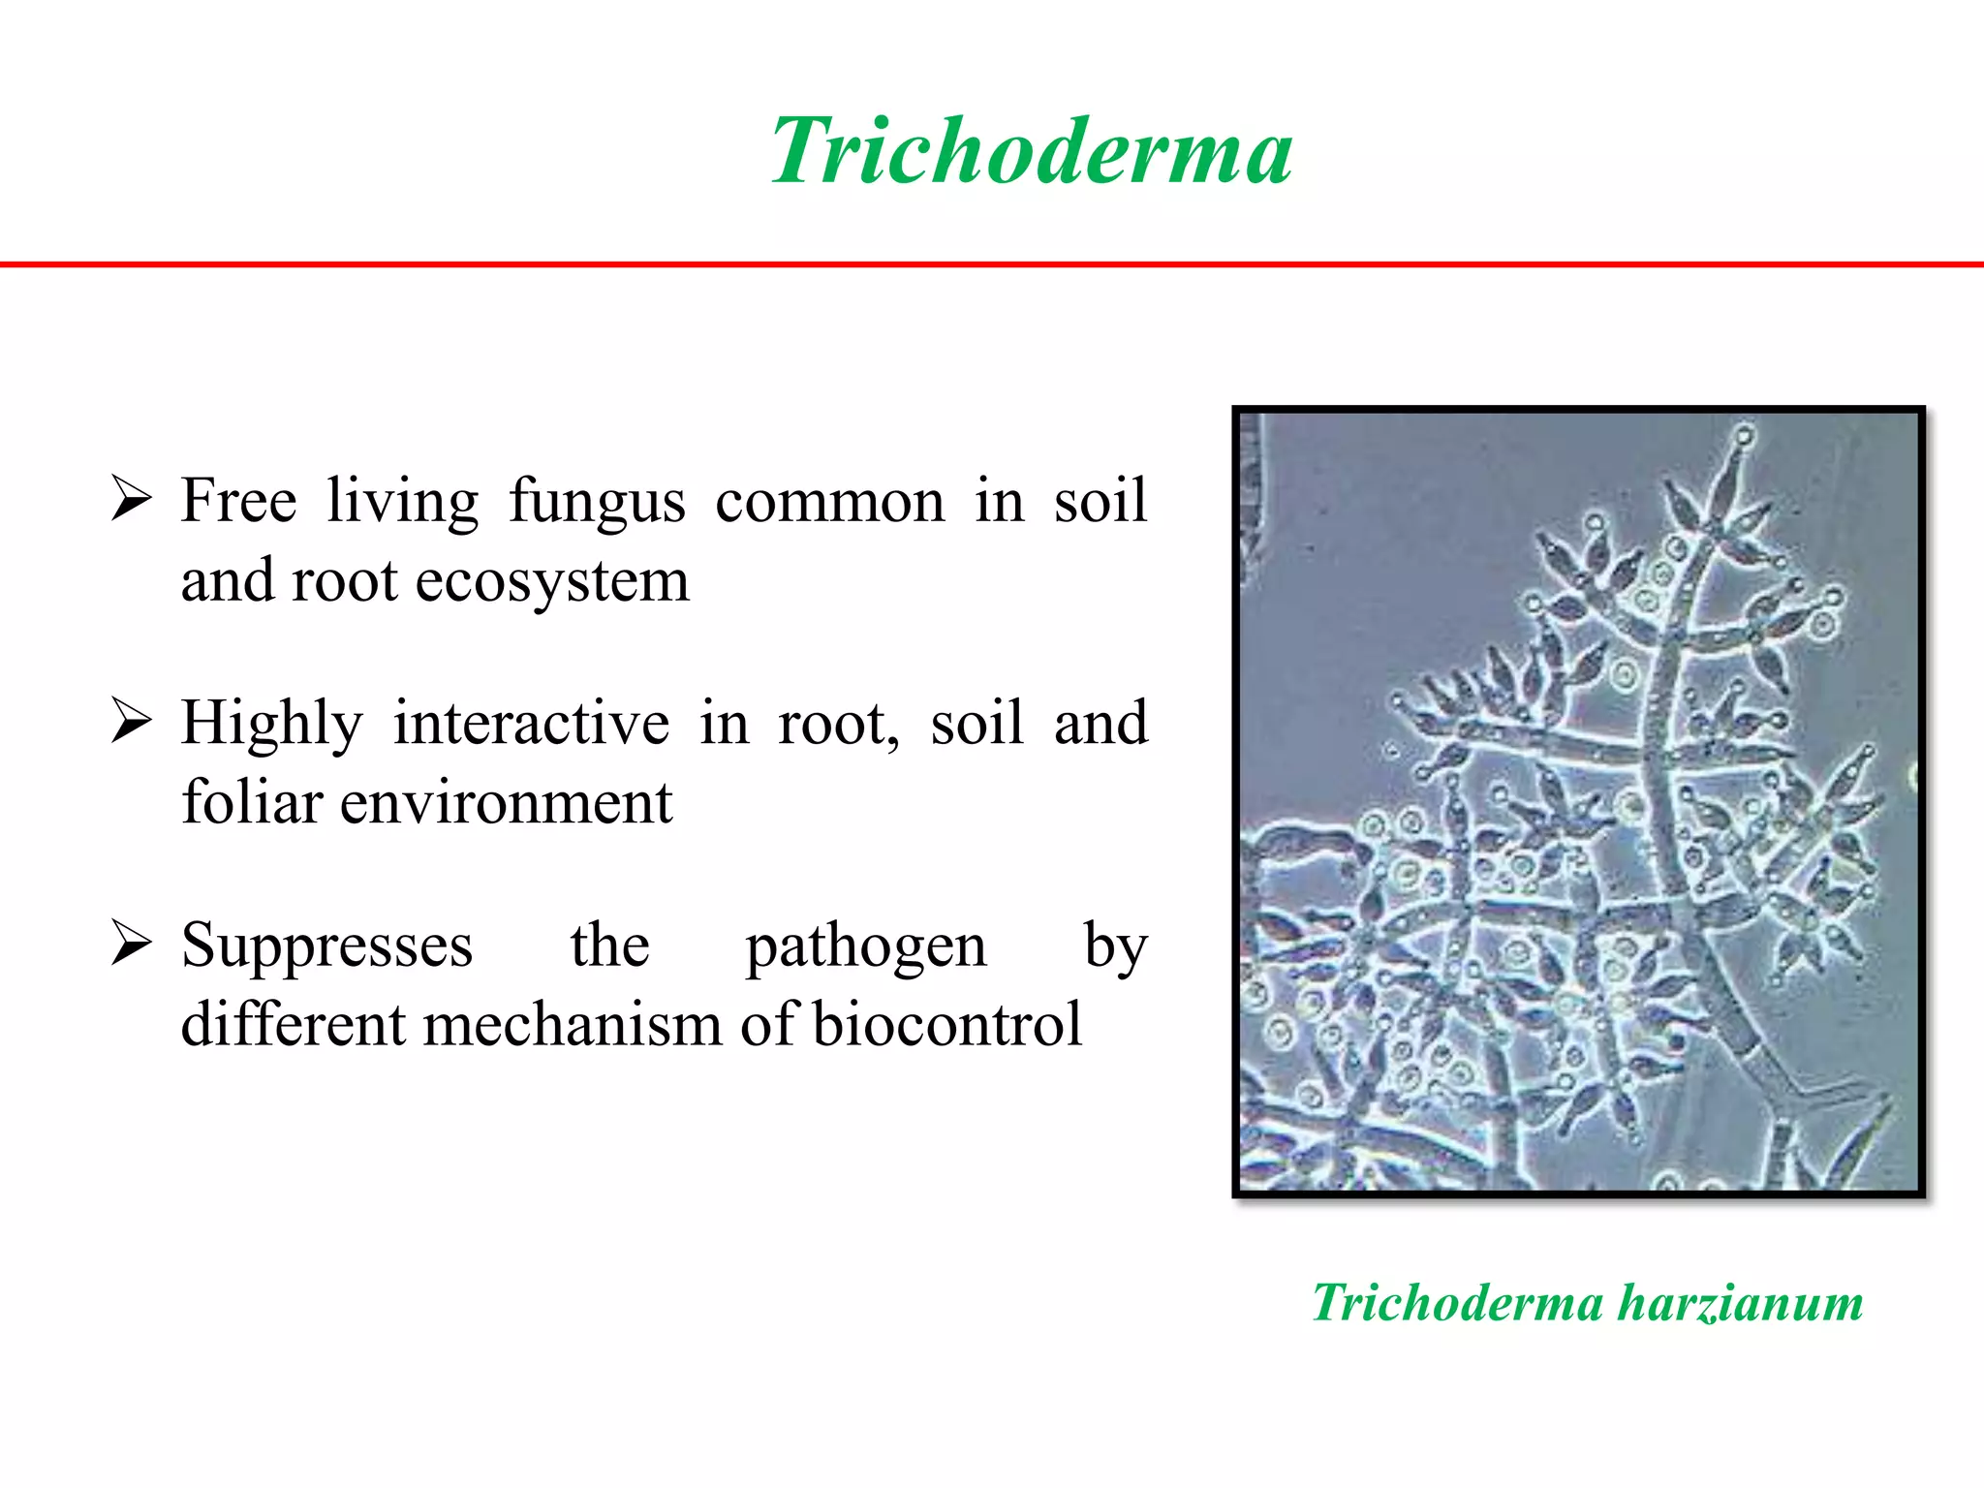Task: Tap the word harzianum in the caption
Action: [1740, 1303]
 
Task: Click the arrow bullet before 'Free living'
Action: [131, 498]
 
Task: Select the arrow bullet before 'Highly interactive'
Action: [131, 721]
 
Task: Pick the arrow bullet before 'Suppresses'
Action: [131, 943]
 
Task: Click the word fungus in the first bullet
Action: [597, 502]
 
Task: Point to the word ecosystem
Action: [552, 581]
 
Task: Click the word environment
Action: [506, 804]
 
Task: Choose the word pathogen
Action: [865, 946]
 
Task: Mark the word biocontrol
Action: [946, 1025]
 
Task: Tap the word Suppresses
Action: [326, 946]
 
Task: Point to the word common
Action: [829, 502]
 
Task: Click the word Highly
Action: [271, 725]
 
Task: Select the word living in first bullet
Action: [402, 502]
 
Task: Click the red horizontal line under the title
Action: [992, 263]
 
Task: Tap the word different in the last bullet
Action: [294, 1025]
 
